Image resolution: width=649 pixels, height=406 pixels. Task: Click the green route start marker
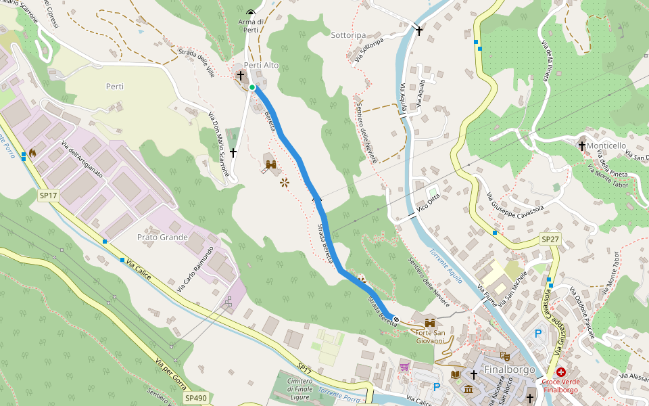(x=252, y=87)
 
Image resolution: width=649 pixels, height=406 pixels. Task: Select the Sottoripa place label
(x=348, y=35)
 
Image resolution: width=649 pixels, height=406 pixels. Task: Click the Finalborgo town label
(x=510, y=370)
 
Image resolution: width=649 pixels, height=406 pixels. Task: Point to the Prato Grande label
(x=162, y=237)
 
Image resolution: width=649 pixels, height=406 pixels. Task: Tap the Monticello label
(x=606, y=145)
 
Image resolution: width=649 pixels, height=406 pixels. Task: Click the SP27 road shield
(x=550, y=240)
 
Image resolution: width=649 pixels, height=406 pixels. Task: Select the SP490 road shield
(x=196, y=399)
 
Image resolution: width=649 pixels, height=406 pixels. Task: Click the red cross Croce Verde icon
(x=561, y=372)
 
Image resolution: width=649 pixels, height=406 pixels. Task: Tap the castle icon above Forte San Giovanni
(x=429, y=322)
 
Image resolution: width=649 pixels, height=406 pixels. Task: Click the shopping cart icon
(x=404, y=367)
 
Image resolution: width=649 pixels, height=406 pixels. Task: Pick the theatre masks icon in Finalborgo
(x=504, y=356)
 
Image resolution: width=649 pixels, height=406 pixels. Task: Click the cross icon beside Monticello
(x=582, y=145)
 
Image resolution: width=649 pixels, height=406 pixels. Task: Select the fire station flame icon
(x=32, y=153)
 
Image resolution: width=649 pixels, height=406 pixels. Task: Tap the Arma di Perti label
(x=251, y=25)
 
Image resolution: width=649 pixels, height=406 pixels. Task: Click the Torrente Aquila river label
(x=446, y=266)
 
